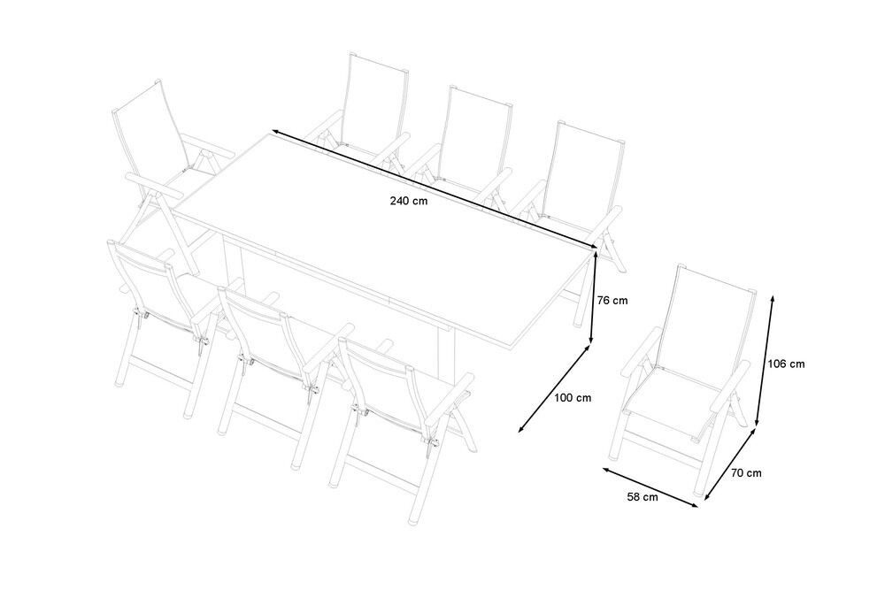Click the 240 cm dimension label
409,201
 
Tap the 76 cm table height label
612,301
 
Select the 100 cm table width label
573,398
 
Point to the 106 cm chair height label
786,364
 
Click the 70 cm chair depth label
746,473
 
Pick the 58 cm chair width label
643,497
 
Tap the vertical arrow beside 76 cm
594,296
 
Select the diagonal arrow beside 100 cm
554,389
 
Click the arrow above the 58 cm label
650,487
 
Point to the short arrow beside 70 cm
730,464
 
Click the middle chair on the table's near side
276,361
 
